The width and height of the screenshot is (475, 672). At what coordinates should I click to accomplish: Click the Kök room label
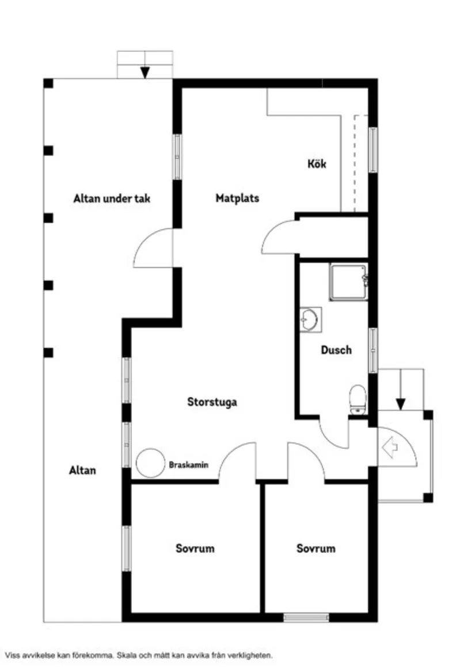pyautogui.click(x=316, y=164)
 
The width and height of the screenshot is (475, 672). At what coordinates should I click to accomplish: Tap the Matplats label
pyautogui.click(x=237, y=198)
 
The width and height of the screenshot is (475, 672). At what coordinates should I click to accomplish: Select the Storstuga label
pyautogui.click(x=212, y=402)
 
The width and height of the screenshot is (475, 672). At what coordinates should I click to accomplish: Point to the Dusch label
pyautogui.click(x=336, y=350)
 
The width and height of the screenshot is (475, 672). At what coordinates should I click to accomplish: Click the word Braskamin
pyautogui.click(x=188, y=464)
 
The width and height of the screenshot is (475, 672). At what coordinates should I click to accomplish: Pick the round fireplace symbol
pyautogui.click(x=151, y=463)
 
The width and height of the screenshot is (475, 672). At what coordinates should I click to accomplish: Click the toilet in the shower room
pyautogui.click(x=358, y=399)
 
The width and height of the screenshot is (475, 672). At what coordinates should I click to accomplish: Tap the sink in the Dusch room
pyautogui.click(x=310, y=319)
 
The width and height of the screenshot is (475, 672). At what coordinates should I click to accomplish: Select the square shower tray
pyautogui.click(x=348, y=282)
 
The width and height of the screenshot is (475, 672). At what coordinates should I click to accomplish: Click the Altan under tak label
pyautogui.click(x=112, y=199)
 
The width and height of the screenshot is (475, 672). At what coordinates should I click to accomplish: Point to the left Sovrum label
pyautogui.click(x=195, y=548)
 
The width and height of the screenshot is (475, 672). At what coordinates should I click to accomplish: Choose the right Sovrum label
pyautogui.click(x=316, y=548)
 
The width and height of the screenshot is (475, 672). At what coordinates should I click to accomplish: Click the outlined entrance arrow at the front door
pyautogui.click(x=390, y=446)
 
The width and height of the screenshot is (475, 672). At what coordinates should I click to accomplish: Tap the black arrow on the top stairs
pyautogui.click(x=145, y=72)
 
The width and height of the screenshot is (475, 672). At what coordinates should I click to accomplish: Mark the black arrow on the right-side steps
pyautogui.click(x=401, y=403)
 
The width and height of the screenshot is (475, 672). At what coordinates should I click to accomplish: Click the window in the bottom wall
pyautogui.click(x=306, y=617)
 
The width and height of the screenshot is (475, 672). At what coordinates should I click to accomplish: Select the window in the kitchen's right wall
pyautogui.click(x=373, y=150)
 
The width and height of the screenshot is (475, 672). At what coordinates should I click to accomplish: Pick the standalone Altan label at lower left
pyautogui.click(x=82, y=470)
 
